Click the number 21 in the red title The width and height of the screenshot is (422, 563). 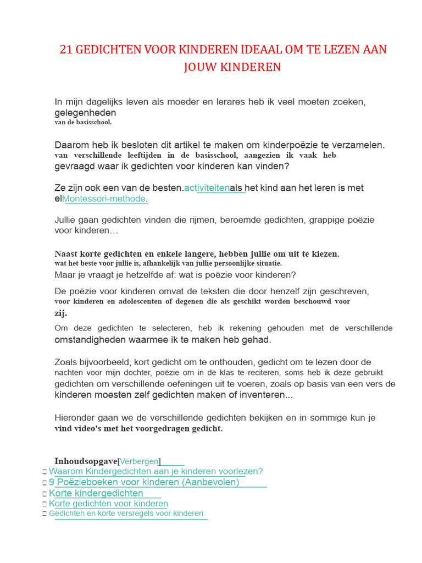66,49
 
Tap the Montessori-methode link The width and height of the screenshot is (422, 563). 104,198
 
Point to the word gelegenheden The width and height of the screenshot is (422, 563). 85,113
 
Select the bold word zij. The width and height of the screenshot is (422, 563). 60,313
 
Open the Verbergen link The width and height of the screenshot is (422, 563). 139,461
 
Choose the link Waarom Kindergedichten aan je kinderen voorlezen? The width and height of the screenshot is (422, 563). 156,471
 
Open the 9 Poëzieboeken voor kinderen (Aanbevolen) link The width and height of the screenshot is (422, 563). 144,482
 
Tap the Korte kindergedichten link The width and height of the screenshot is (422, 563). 96,493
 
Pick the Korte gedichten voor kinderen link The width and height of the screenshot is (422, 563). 108,504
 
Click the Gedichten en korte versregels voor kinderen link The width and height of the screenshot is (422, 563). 126,514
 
